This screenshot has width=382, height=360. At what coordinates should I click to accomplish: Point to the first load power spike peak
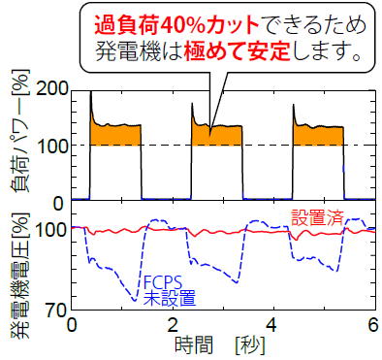click(x=90, y=92)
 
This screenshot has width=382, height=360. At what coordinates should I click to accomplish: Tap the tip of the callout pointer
click(x=209, y=127)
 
